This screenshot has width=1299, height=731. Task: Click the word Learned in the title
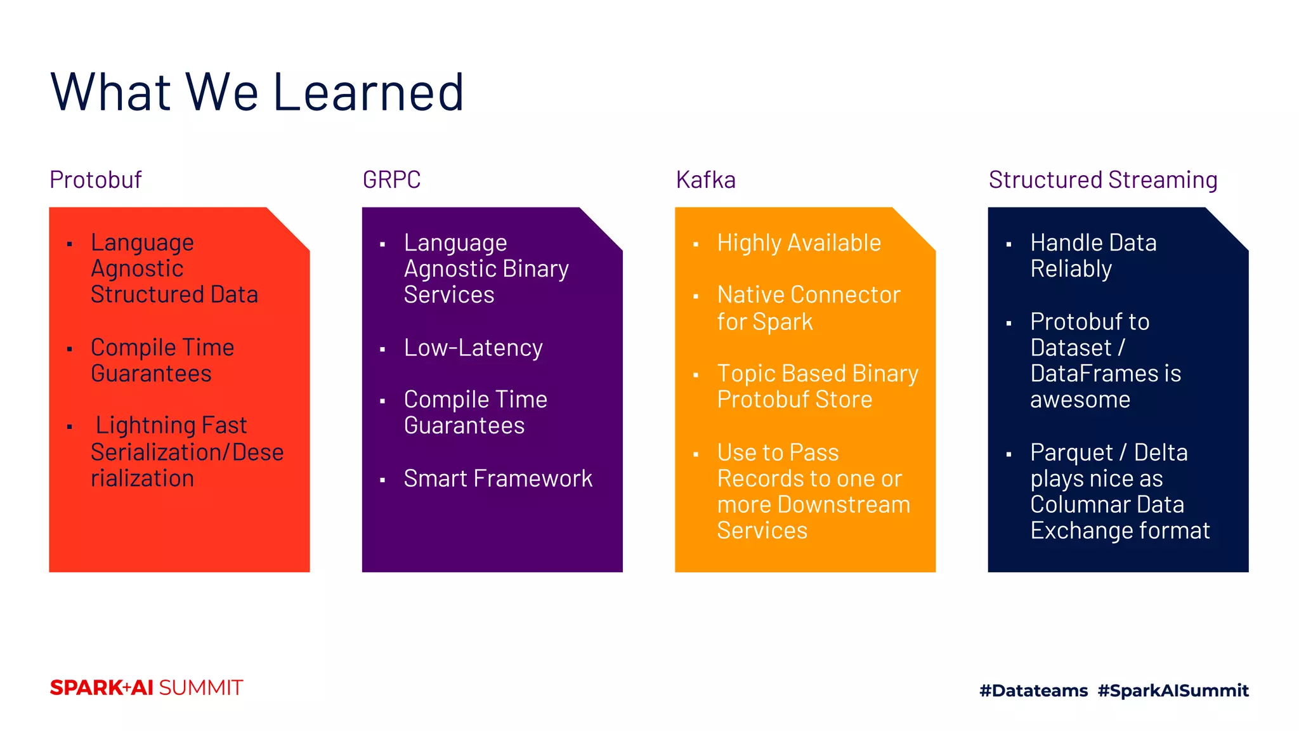[x=369, y=93]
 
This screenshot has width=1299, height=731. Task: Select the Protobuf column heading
[x=96, y=180]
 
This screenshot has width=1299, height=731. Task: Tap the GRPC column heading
[x=391, y=180]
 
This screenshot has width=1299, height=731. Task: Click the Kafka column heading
[x=705, y=180]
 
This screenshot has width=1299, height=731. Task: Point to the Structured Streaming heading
[x=1102, y=180]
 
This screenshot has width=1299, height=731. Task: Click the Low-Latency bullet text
[x=473, y=348]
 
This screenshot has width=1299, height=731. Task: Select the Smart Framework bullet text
[x=498, y=478]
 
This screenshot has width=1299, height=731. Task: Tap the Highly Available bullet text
[x=799, y=243]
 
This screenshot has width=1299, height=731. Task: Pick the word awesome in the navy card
[x=1080, y=400]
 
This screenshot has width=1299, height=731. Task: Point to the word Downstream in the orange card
[x=844, y=505]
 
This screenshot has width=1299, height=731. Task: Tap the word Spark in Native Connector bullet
[x=782, y=322]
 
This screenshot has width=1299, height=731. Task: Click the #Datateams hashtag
[x=1033, y=690]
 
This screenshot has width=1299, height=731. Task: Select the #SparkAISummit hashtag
[x=1173, y=690]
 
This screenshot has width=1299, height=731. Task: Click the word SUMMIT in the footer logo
[x=200, y=688]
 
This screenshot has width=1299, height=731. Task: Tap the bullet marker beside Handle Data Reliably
[x=1009, y=244]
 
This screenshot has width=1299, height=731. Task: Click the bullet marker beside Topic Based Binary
[x=696, y=375]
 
